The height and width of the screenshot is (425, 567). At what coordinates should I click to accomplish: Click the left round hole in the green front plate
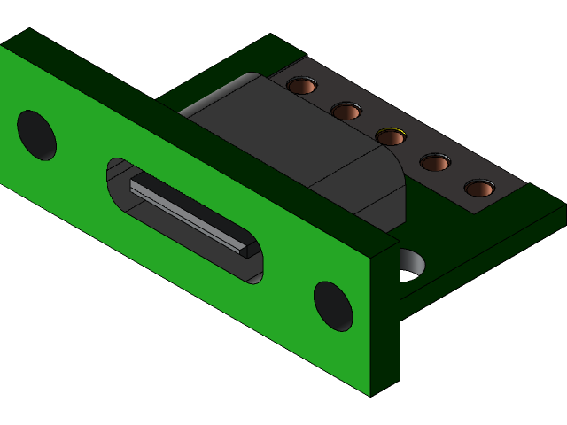click(x=36, y=135)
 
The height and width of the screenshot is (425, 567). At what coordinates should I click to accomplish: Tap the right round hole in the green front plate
click(x=333, y=306)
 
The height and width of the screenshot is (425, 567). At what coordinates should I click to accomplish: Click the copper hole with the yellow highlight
click(x=390, y=137)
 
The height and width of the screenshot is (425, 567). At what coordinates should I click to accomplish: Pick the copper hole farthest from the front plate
click(x=302, y=86)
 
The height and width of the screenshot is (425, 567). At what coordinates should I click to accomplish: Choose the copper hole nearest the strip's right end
click(x=479, y=189)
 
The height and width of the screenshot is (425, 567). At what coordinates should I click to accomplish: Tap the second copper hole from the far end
click(x=346, y=112)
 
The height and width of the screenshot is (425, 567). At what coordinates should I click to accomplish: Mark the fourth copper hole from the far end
click(x=434, y=163)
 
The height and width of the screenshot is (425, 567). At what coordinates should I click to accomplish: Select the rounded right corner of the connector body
click(x=394, y=168)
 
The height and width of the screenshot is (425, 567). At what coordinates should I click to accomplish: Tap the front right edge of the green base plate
click(x=483, y=266)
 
